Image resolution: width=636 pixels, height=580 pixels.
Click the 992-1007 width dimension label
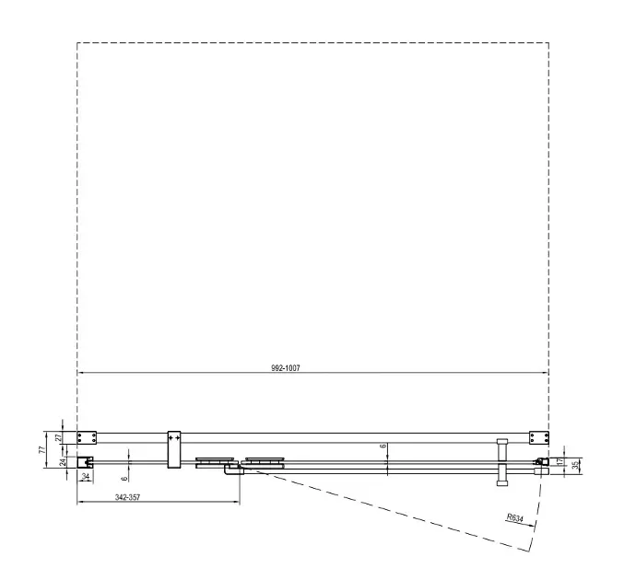286,368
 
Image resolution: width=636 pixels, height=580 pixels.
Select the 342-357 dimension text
128,497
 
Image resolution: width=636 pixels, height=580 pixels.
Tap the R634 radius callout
514,518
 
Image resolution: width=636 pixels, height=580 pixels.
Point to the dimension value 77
42,449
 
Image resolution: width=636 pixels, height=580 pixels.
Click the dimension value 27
57,438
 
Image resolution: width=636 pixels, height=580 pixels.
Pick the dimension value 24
63,462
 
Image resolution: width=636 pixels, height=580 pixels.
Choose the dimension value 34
86,476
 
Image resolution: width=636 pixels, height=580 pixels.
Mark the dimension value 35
575,466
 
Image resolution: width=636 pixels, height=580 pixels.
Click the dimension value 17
560,461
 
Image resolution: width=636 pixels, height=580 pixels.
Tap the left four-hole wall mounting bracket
87,438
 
